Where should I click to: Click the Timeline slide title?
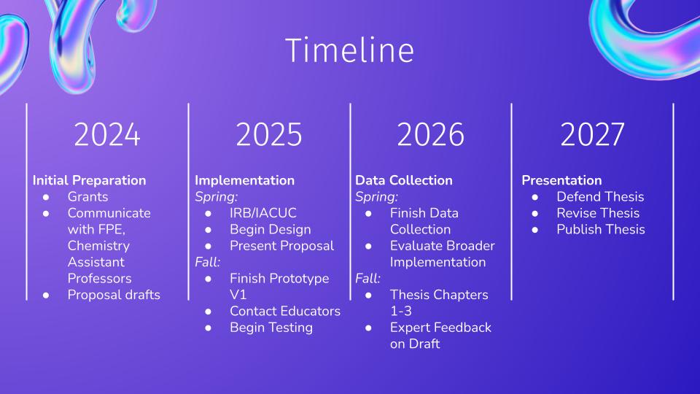click(x=349, y=50)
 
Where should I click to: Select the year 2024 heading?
click(x=107, y=134)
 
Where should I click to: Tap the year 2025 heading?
click(x=269, y=134)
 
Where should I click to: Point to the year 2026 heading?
click(x=430, y=134)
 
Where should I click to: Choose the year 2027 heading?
click(x=592, y=134)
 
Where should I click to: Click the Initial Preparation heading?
click(x=89, y=180)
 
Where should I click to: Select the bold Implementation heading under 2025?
click(x=245, y=180)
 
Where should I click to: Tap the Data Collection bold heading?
click(x=404, y=180)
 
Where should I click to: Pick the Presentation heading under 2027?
click(x=561, y=180)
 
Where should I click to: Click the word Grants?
click(x=88, y=197)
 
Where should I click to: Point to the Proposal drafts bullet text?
click(x=114, y=295)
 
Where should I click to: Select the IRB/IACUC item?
click(x=263, y=213)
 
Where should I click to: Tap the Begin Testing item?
click(x=271, y=328)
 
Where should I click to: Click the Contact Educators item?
click(x=285, y=311)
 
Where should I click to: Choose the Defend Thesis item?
click(x=600, y=197)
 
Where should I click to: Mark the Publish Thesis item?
click(x=601, y=230)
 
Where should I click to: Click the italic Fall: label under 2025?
click(x=208, y=262)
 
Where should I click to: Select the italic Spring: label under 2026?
click(x=376, y=197)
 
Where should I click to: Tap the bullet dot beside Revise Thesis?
click(x=534, y=214)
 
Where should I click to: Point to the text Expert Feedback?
click(x=440, y=328)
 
